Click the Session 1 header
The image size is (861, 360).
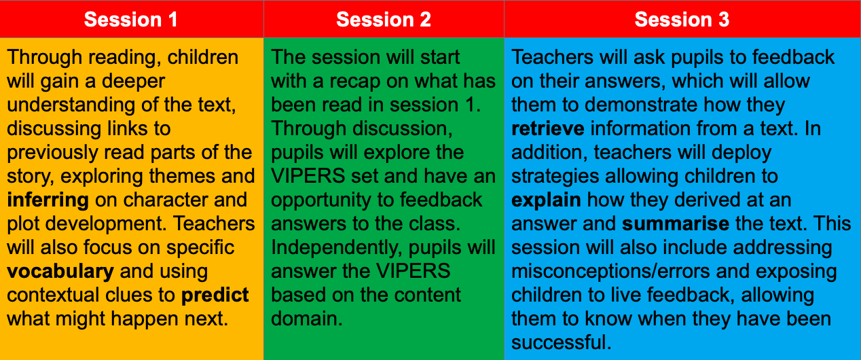click(130, 19)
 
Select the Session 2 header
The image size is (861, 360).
click(384, 19)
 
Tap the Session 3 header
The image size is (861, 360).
click(682, 19)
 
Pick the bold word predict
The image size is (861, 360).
click(215, 295)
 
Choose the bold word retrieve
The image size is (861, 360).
click(548, 129)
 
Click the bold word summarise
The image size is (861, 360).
click(676, 224)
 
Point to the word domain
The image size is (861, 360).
click(307, 319)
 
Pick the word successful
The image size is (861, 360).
click(561, 342)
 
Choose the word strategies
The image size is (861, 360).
click(555, 177)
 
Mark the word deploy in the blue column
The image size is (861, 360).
click(741, 153)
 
